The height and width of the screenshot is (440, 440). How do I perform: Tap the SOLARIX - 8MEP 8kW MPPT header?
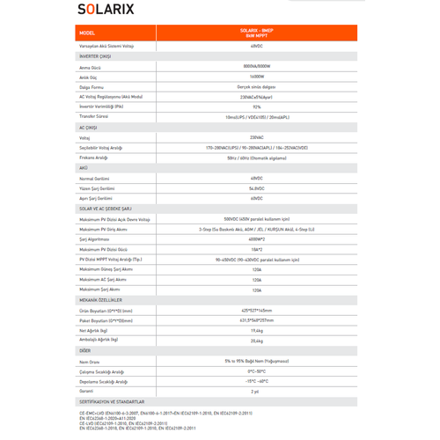point(255,33)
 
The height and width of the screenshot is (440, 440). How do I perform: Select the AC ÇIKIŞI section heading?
point(90,128)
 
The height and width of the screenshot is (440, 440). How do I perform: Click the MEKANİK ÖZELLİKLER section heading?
point(106,300)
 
